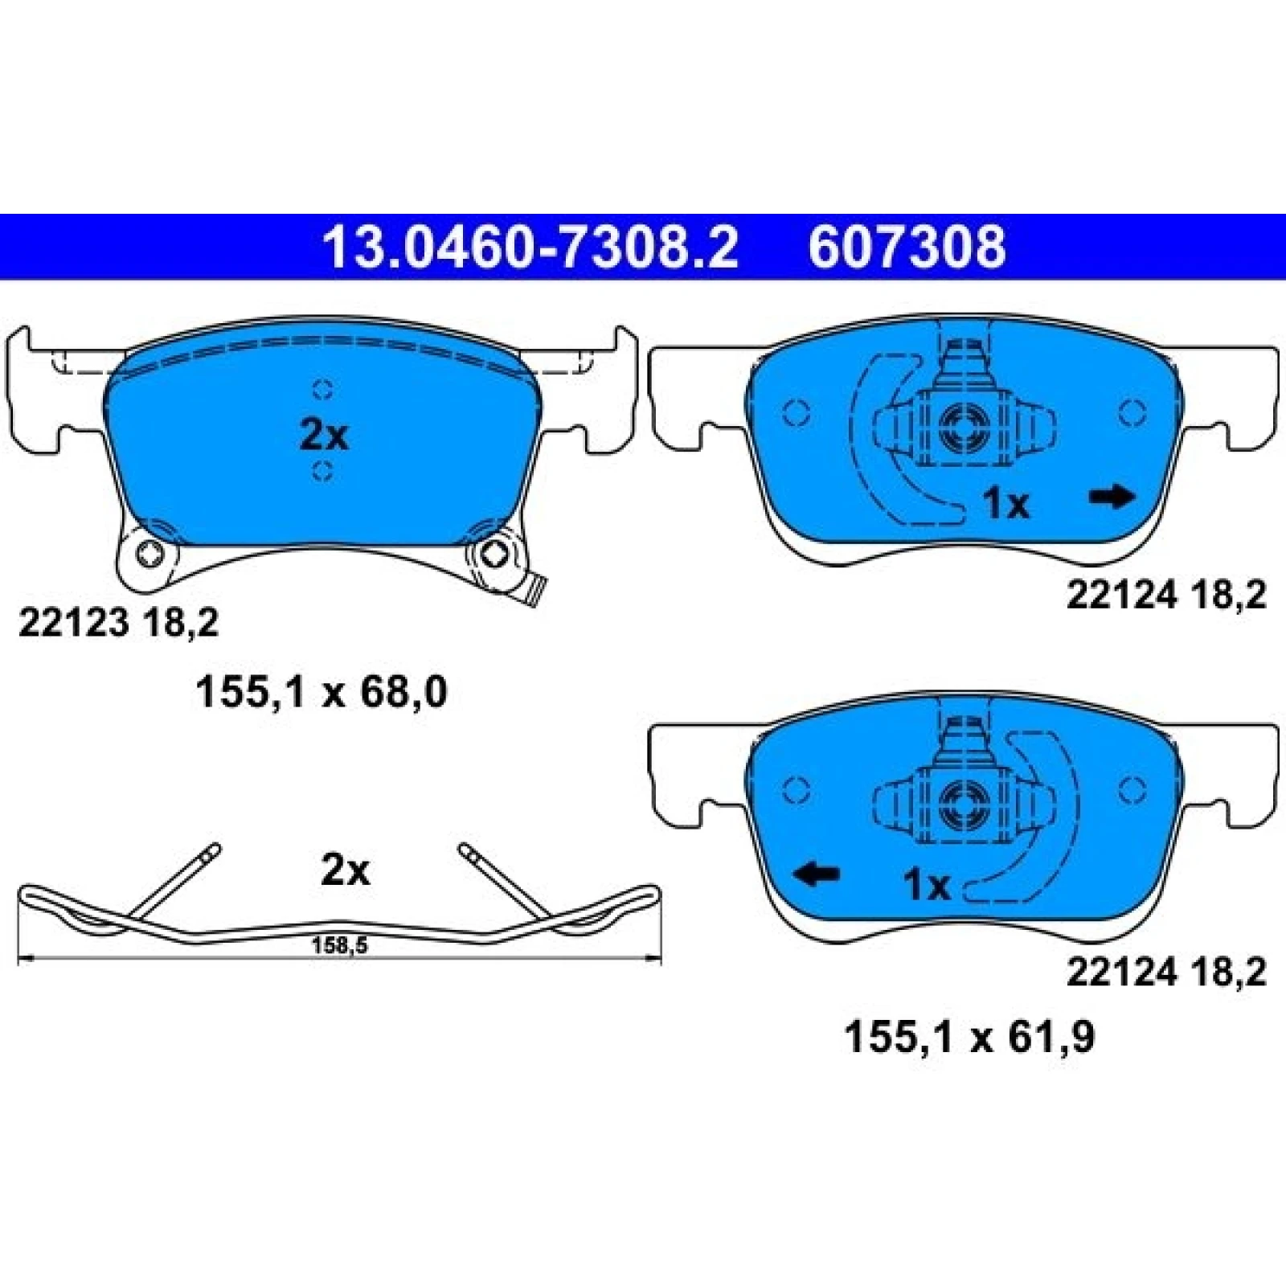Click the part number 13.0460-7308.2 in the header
click(x=530, y=247)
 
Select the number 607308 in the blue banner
click(x=907, y=247)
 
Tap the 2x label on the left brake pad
click(x=324, y=436)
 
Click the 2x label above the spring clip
click(x=346, y=870)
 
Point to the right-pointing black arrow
click(x=1112, y=498)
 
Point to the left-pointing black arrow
click(x=817, y=874)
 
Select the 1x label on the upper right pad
click(x=1006, y=505)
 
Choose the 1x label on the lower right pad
click(x=928, y=886)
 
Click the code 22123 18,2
click(x=118, y=622)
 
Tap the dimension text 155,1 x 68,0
click(x=321, y=693)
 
